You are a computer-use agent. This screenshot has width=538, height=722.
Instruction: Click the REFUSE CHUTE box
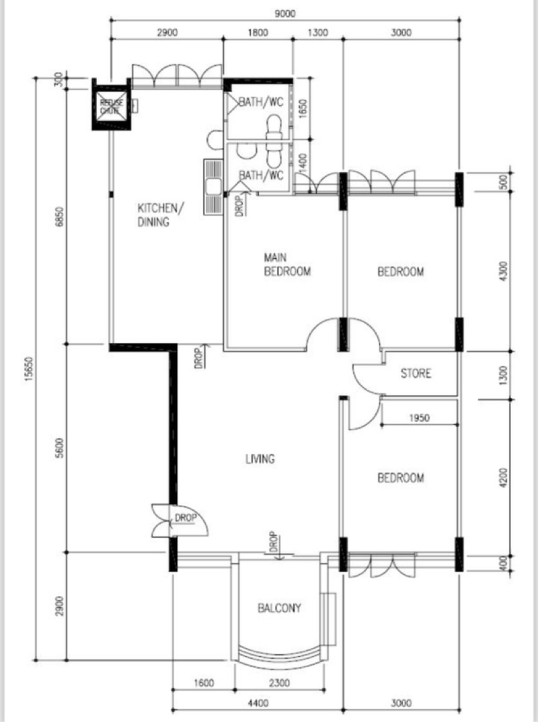111,104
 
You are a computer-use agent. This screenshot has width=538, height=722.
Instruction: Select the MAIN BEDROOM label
287,264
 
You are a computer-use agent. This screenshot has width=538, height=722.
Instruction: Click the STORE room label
416,373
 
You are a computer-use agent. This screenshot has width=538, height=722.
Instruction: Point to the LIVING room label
260,458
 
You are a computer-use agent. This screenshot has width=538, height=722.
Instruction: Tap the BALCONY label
279,608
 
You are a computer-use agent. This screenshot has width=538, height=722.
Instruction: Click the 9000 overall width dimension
284,14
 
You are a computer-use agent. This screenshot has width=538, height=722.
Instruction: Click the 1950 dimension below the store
419,418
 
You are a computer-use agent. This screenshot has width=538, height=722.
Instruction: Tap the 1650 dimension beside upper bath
303,109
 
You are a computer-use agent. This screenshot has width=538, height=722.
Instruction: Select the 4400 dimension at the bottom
258,703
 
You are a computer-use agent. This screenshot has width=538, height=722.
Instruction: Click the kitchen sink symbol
213,187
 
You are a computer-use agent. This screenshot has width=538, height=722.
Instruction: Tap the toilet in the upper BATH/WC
274,128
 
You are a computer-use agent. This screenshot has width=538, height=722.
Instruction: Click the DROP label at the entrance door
186,518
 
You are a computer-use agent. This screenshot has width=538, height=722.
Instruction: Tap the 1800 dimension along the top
258,33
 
